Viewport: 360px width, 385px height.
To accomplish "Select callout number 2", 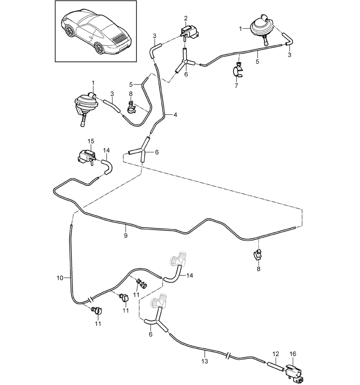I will point(186,19).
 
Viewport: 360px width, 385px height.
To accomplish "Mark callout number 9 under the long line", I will point(125,235).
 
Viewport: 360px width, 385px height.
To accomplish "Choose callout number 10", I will point(60,278).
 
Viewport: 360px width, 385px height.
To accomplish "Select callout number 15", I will point(91,141).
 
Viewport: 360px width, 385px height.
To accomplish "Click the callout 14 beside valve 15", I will point(106,151).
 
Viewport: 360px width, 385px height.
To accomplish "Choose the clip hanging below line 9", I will point(258,255).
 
